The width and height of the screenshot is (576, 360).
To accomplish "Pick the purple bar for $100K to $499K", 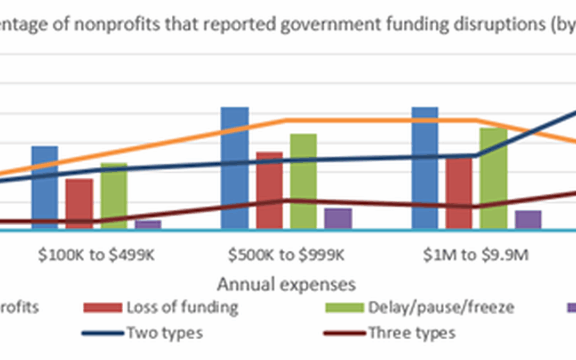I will (x=148, y=225).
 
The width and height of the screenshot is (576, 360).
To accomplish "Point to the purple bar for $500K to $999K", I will (x=338, y=219).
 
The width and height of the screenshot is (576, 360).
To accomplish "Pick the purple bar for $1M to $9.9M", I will (x=528, y=220).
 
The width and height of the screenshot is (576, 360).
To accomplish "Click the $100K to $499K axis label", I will (x=97, y=255).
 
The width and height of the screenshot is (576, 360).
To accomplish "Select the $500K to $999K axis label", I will (x=286, y=255).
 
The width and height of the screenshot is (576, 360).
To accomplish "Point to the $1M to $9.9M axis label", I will (x=476, y=255).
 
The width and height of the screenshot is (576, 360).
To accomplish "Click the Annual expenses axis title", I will (x=286, y=284).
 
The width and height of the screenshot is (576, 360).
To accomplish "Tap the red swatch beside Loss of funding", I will (x=102, y=308).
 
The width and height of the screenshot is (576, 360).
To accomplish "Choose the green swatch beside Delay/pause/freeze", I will (x=344, y=308).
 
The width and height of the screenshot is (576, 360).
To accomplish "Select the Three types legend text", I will (x=412, y=333).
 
